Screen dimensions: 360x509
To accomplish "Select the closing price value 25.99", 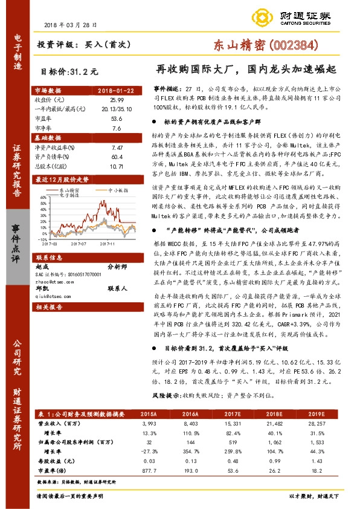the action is [117, 99].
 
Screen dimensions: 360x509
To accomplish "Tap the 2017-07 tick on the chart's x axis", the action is [80, 244].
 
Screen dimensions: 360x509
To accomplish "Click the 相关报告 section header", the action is [47, 307].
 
